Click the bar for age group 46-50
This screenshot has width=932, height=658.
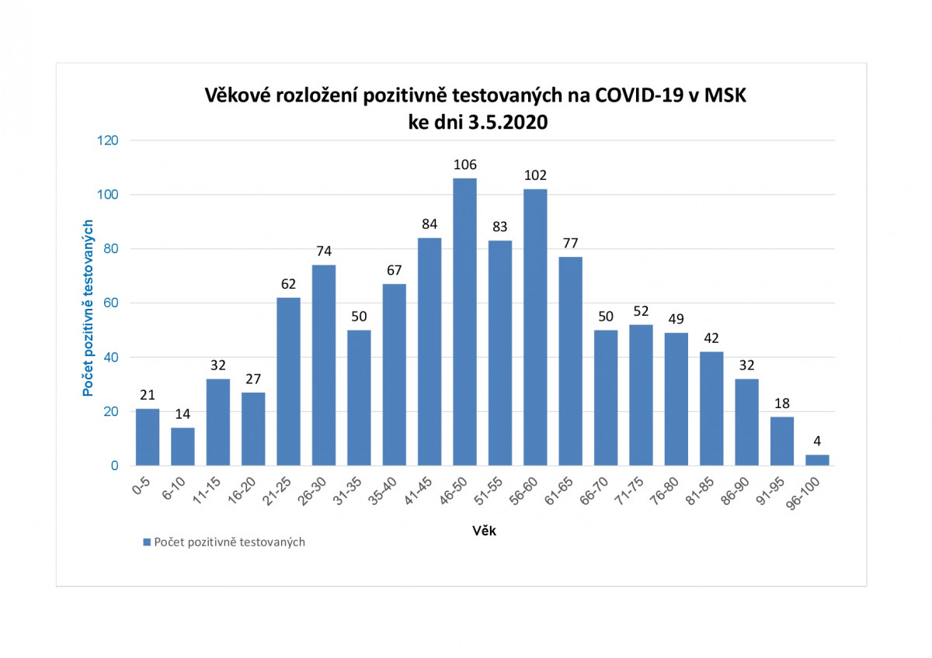pyautogui.click(x=464, y=322)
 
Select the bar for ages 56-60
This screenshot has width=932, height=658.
pyautogui.click(x=535, y=327)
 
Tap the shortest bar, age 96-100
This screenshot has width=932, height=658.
pyautogui.click(x=817, y=460)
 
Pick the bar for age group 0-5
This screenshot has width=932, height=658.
pyautogui.click(x=148, y=437)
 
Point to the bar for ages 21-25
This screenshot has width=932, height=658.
pyautogui.click(x=288, y=382)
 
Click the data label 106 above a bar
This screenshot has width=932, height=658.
pyautogui.click(x=464, y=164)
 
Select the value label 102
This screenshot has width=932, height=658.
pyautogui.click(x=535, y=175)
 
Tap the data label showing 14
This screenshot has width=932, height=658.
pyautogui.click(x=183, y=414)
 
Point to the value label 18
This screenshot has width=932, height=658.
pyautogui.click(x=782, y=403)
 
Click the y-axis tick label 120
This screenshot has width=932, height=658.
pyautogui.click(x=107, y=140)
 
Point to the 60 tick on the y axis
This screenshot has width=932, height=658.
pyautogui.click(x=110, y=303)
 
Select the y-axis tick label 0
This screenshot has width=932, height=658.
pyautogui.click(x=113, y=466)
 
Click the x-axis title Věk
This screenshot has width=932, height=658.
pyautogui.click(x=485, y=532)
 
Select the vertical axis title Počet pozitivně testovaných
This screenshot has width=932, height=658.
pyautogui.click(x=89, y=308)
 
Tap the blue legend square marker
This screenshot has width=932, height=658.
pyautogui.click(x=146, y=542)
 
